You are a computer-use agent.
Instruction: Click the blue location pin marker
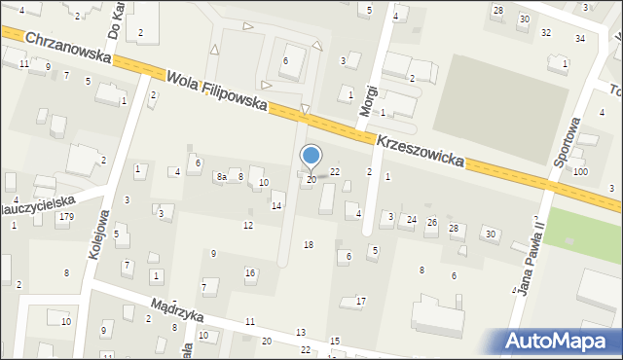coord(311,156)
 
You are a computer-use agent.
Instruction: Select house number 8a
coord(221,177)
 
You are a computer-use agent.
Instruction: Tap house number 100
coord(580,172)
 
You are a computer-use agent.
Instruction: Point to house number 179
coord(65,216)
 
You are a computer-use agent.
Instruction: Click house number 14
coord(276,205)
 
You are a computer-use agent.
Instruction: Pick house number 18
coord(309,244)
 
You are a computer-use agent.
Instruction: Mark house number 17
coord(360,301)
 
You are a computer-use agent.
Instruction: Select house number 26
coord(431,223)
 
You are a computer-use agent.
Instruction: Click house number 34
coord(580,38)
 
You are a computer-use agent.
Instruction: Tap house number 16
coord(250,273)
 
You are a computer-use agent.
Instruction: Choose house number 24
coord(412,220)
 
